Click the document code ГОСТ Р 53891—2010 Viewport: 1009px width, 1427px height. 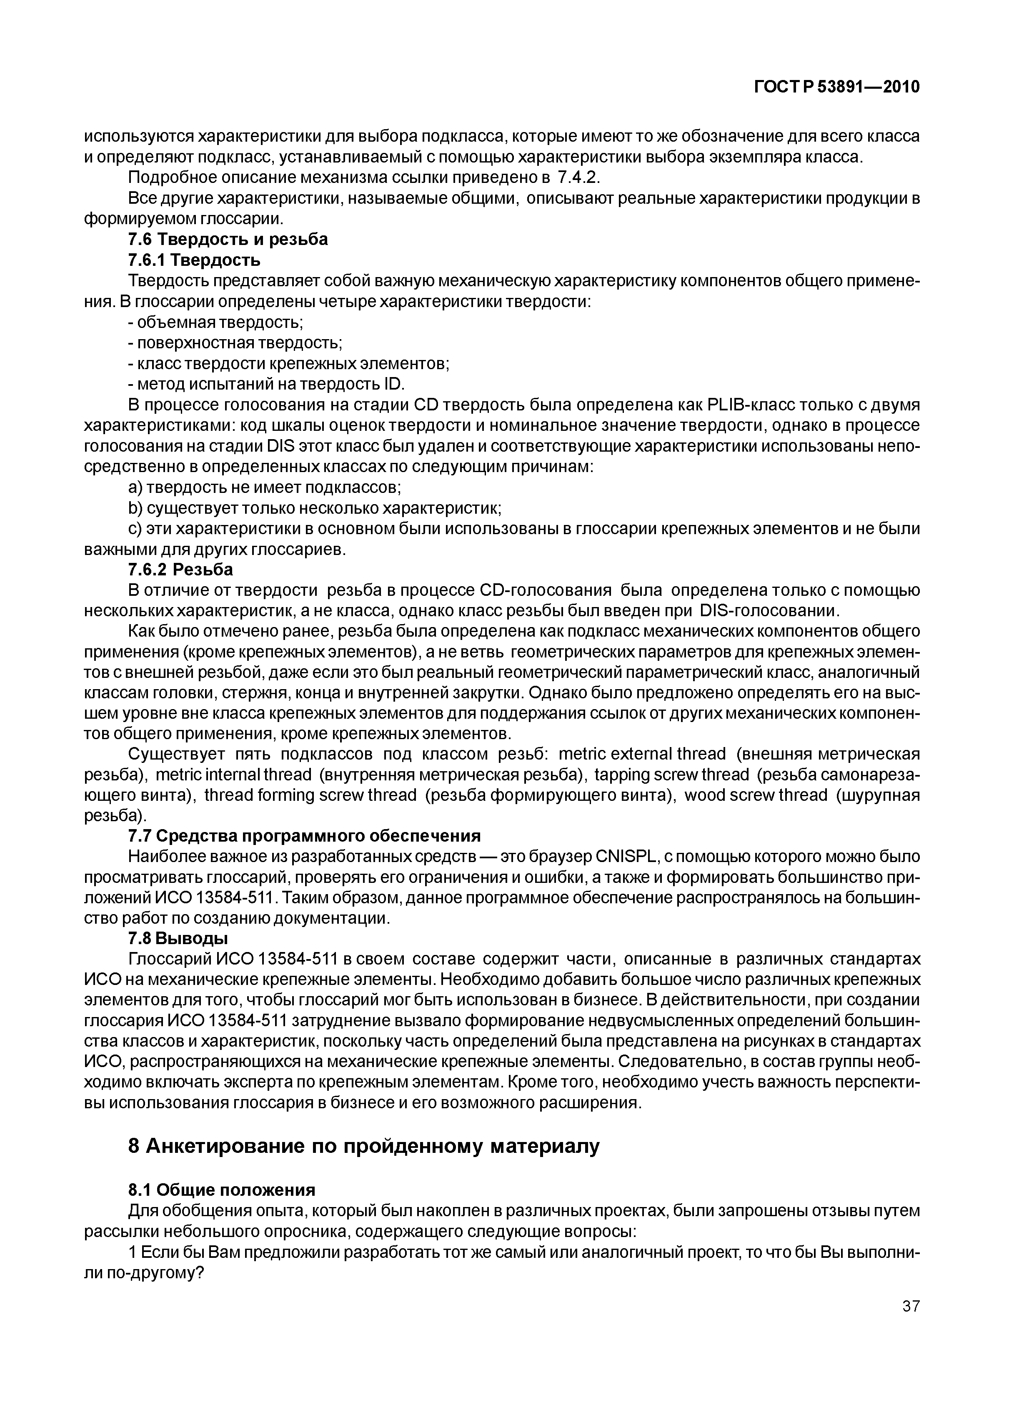[x=836, y=87]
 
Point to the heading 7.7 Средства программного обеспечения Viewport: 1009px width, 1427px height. [x=304, y=835]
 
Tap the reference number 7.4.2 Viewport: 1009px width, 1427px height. [x=578, y=178]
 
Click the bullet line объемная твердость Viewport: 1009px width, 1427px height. [x=215, y=322]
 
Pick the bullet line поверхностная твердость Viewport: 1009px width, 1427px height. [x=235, y=343]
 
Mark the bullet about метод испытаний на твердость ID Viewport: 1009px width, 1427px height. [x=266, y=384]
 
